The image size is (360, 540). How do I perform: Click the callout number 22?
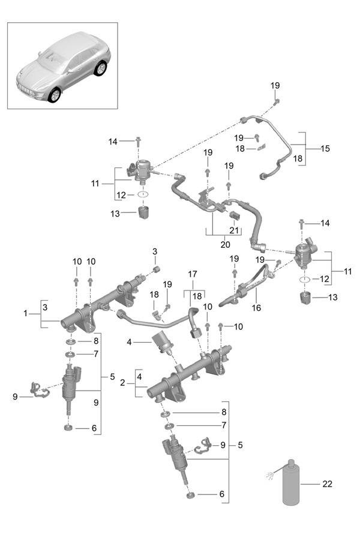coord(327,484)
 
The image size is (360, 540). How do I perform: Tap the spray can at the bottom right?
coord(291,482)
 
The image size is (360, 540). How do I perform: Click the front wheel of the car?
coord(55,95)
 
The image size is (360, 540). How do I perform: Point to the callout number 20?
coord(225,245)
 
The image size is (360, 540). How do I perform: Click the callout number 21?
coord(234,230)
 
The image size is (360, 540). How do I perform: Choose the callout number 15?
coord(325,148)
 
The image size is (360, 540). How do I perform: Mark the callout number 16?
coord(256,307)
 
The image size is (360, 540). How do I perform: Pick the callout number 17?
coord(193,274)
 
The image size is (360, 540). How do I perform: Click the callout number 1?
coord(25,313)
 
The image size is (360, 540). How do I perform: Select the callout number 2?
coord(122,383)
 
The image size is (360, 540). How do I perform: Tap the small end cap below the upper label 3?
coord(157,269)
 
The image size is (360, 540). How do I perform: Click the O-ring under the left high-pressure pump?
coord(143,194)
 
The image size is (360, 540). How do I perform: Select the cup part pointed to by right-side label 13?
coord(305,298)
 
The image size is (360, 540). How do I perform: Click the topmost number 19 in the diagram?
coord(275,85)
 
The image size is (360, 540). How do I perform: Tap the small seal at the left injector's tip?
coord(68,428)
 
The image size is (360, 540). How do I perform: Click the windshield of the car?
coord(55,59)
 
